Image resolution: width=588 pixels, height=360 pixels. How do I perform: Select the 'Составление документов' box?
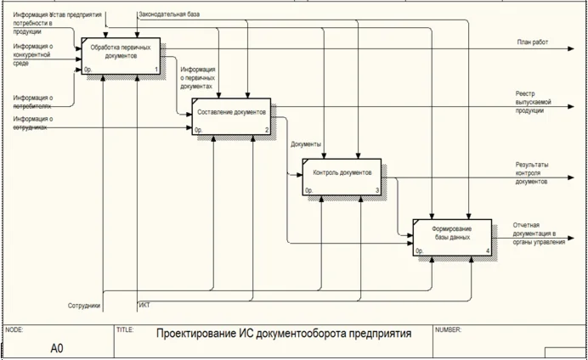[x=231, y=117]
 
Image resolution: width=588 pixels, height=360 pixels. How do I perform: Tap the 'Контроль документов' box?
[x=342, y=177]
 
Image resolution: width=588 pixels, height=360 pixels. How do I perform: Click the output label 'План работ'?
[x=532, y=42]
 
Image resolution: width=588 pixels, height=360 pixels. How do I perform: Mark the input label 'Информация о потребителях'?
[x=33, y=104]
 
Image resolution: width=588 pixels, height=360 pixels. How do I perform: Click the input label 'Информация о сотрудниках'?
[x=33, y=124]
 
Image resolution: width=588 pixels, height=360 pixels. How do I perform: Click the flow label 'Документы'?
[x=305, y=144]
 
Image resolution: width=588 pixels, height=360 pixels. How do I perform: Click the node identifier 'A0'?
[x=57, y=347]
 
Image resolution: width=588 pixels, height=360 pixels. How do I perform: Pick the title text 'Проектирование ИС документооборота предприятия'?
[x=283, y=335]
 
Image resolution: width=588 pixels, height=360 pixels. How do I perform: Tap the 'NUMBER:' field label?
[x=448, y=329]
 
